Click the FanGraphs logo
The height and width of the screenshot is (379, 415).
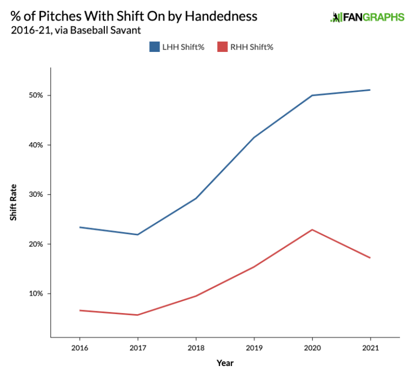point(367,17)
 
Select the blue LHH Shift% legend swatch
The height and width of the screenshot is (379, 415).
point(155,47)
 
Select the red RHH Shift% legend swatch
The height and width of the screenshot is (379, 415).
point(222,47)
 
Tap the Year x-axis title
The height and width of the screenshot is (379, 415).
point(225,363)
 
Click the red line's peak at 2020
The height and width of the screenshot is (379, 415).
point(312,230)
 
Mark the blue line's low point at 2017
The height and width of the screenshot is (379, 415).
point(138,235)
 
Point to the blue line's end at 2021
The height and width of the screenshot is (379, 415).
point(370,90)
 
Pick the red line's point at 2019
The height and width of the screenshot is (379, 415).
point(254,267)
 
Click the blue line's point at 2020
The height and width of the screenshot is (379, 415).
point(312,95)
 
